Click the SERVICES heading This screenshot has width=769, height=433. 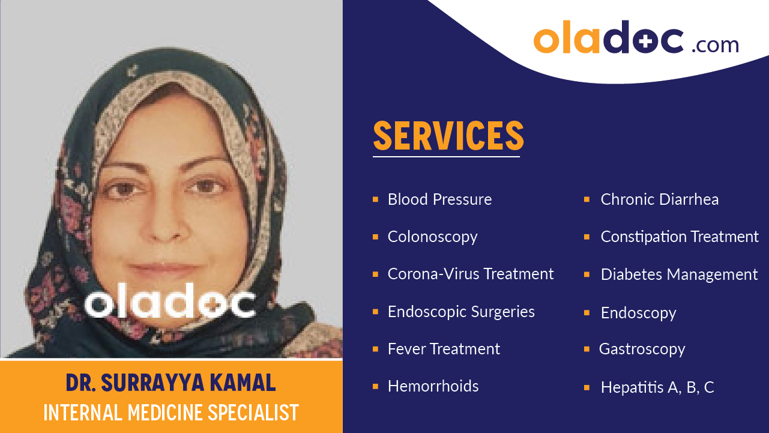(448, 136)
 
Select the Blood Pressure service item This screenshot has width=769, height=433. (439, 199)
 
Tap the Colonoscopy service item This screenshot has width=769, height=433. (432, 237)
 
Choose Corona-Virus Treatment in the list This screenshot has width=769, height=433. (471, 274)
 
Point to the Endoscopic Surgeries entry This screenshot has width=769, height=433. (461, 312)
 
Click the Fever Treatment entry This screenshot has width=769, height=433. (444, 349)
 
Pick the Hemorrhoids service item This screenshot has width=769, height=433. (433, 386)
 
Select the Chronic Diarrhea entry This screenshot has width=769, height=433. (659, 199)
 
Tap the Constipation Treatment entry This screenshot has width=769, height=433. (680, 237)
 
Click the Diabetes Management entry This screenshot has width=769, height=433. (679, 274)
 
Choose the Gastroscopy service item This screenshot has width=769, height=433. (642, 349)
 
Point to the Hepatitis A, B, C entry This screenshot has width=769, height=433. (657, 387)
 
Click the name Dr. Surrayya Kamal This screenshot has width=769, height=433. (171, 383)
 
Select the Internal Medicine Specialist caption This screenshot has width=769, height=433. (171, 413)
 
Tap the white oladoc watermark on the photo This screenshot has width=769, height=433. (170, 303)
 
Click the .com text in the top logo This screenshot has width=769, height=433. (715, 44)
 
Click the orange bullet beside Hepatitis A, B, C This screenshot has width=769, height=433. (587, 387)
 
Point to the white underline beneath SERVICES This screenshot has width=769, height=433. (446, 157)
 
